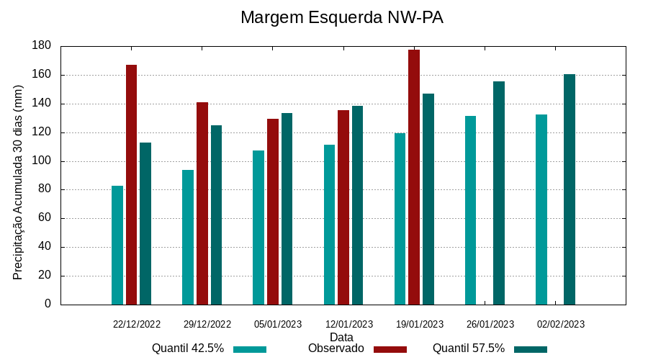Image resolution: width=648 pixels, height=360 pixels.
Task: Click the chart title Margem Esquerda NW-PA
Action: pos(341,17)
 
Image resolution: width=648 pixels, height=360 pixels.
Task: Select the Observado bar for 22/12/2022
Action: pos(131,184)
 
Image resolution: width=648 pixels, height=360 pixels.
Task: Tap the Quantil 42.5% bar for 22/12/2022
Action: pos(117,245)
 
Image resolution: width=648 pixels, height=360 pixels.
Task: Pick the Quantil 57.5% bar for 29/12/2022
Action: pos(216,215)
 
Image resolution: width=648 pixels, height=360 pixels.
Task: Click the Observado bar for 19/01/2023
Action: pos(414,177)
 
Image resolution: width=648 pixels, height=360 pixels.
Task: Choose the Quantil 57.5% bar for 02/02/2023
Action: pos(570,189)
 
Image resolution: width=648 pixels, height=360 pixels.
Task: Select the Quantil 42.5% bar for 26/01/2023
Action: pos(470,210)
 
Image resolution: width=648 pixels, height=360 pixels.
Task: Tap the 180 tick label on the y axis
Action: pos(42,46)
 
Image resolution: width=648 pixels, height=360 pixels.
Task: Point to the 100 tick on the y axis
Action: pos(42,161)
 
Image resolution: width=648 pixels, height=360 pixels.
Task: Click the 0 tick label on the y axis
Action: pos(48,305)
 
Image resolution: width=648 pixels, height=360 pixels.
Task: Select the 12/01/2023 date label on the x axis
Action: pos(349,325)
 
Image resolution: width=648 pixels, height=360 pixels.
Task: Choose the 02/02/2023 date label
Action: pos(561,325)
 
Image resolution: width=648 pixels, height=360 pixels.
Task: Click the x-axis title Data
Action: pos(341,337)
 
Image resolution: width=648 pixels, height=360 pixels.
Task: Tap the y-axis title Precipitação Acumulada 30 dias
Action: pos(19,181)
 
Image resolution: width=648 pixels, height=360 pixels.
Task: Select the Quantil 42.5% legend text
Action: pos(188,348)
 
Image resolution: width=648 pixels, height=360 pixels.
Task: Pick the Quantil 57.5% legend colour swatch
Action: pos(531,349)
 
